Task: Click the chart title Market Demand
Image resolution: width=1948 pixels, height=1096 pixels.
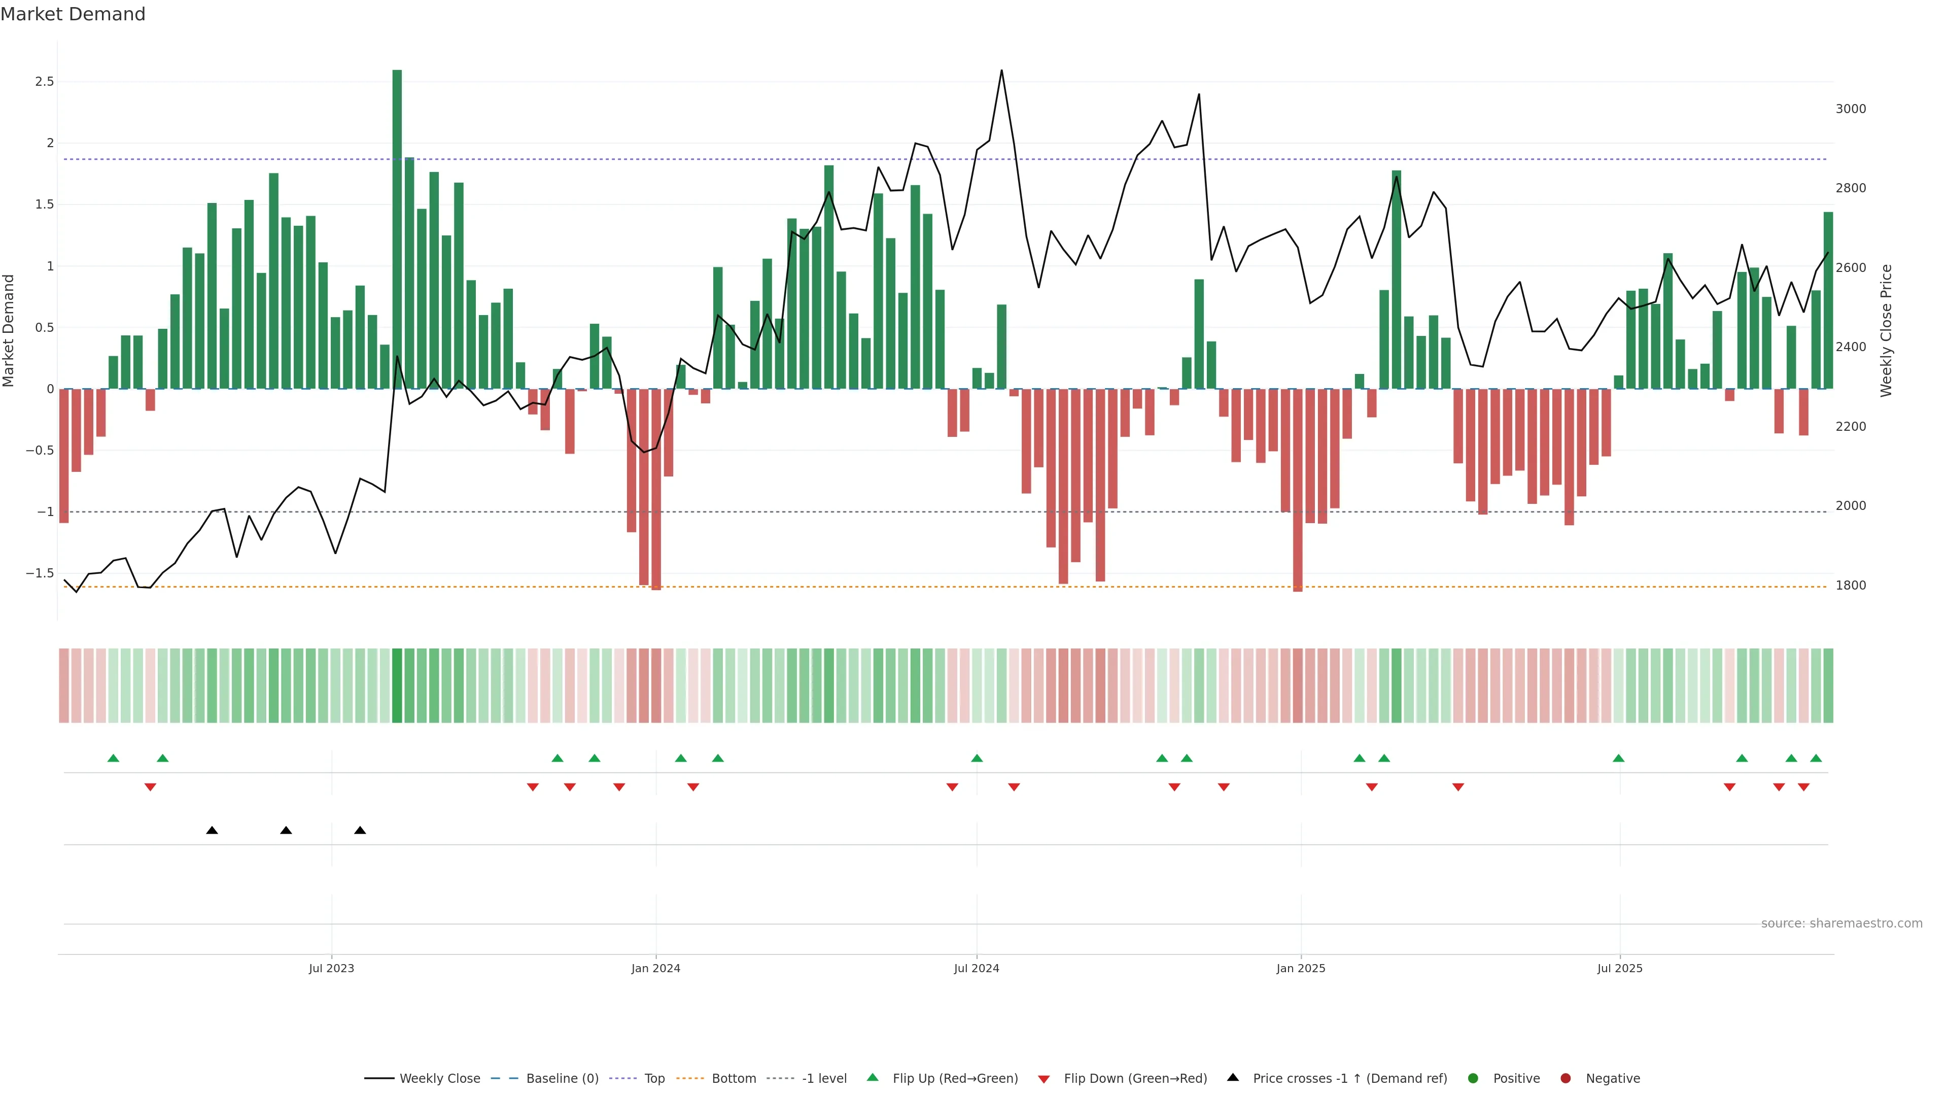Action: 73,14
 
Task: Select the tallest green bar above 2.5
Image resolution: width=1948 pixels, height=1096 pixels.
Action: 397,227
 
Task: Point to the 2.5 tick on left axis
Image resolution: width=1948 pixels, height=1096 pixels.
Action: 45,82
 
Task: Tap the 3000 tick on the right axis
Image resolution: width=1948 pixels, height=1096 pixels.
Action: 1851,109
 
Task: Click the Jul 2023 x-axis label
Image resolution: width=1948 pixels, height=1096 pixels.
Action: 331,968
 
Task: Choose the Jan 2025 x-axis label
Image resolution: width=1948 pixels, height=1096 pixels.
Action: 1301,968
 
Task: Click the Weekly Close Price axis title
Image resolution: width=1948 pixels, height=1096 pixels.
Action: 1886,330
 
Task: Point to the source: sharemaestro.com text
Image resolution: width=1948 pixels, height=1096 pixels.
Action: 1841,923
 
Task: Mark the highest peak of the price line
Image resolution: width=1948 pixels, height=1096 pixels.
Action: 1002,71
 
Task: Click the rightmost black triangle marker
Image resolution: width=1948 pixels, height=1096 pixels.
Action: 360,831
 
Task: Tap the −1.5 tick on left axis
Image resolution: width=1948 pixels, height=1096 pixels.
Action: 40,573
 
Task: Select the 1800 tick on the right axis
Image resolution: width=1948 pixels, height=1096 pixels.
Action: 1851,586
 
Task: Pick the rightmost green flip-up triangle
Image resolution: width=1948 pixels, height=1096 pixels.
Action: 1816,759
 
